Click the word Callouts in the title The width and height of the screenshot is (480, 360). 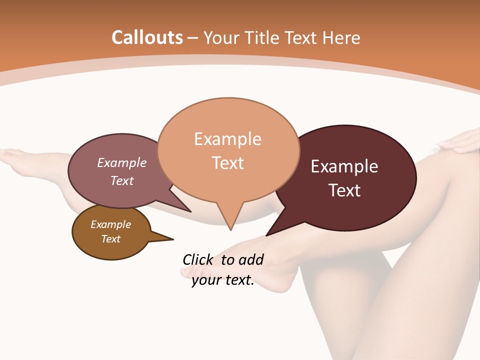[x=147, y=37]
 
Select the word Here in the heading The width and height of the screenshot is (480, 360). [x=342, y=37]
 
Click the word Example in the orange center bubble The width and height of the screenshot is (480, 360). [x=227, y=139]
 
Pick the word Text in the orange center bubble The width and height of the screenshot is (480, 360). [x=228, y=163]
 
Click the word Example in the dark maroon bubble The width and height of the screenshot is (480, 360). [x=344, y=166]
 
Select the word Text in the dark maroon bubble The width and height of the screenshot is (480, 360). [x=344, y=190]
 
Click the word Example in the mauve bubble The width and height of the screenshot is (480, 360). [x=122, y=163]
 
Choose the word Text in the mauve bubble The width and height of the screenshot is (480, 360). [x=122, y=180]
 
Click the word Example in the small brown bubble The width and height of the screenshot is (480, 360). [x=111, y=224]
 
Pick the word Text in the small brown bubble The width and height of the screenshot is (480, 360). [x=111, y=239]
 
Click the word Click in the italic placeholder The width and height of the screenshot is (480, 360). [x=198, y=260]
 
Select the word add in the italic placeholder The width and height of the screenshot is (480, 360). [x=251, y=260]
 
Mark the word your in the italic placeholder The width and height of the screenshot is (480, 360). [x=206, y=280]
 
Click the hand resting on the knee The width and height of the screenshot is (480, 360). [x=460, y=142]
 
